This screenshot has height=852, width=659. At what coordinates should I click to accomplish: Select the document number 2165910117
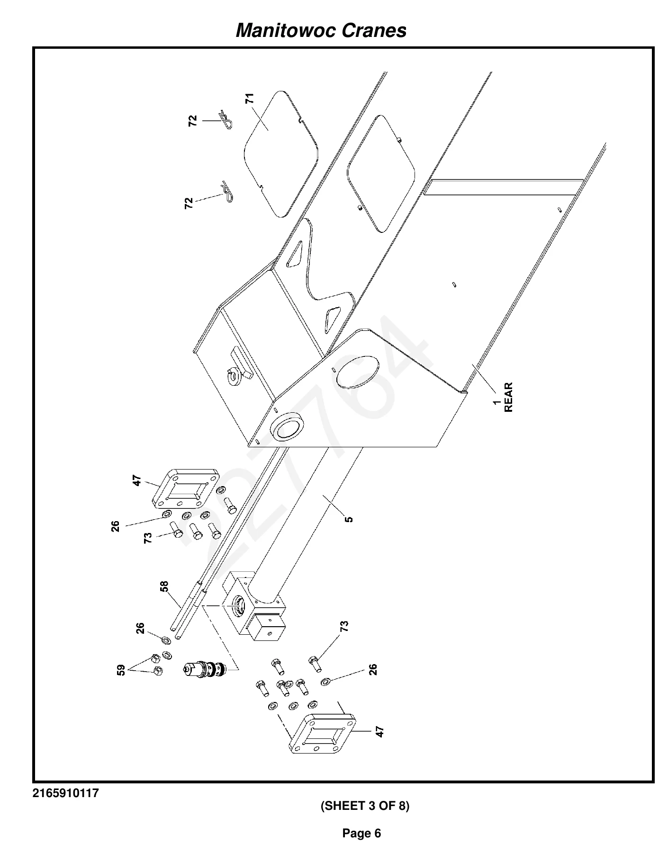66,793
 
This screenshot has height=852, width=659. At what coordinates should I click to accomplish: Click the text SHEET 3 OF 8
365,806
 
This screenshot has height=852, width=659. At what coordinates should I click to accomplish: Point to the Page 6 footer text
361,833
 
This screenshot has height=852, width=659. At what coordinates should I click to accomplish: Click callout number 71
250,98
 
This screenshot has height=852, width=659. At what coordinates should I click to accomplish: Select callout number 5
349,519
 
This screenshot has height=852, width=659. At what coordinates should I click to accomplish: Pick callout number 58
164,587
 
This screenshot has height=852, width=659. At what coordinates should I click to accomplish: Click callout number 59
121,670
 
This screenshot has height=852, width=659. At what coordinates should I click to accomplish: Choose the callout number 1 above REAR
497,402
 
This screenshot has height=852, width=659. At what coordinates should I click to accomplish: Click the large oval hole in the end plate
358,371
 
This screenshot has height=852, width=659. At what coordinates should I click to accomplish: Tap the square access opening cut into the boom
381,174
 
